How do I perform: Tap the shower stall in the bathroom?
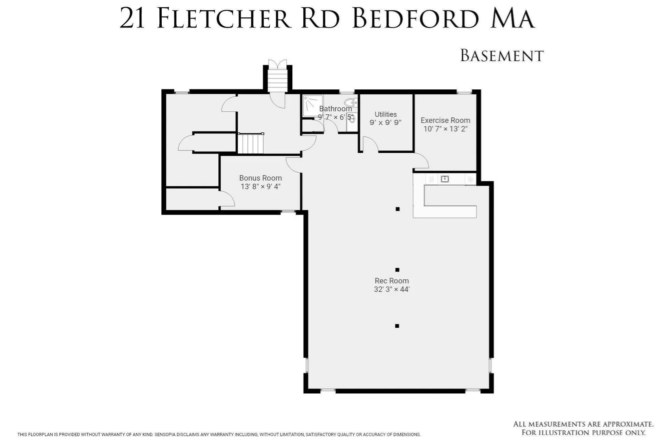click(313, 106)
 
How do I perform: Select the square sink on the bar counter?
click(444, 179)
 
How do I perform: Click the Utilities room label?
click(386, 114)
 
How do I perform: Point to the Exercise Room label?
click(445, 120)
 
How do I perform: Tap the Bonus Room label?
click(260, 178)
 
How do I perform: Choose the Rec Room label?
click(391, 281)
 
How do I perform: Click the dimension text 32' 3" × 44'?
click(391, 289)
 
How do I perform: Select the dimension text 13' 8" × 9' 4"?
click(260, 187)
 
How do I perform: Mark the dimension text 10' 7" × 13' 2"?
click(445, 129)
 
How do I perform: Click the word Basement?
click(502, 55)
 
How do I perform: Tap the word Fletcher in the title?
click(224, 19)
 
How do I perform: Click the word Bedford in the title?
click(416, 19)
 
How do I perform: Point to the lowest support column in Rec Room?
click(397, 326)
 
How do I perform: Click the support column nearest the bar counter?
click(397, 209)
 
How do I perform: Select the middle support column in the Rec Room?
click(397, 269)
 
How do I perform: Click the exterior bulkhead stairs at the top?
click(277, 78)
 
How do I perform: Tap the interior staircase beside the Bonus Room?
click(251, 143)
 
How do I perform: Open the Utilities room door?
click(369, 144)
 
